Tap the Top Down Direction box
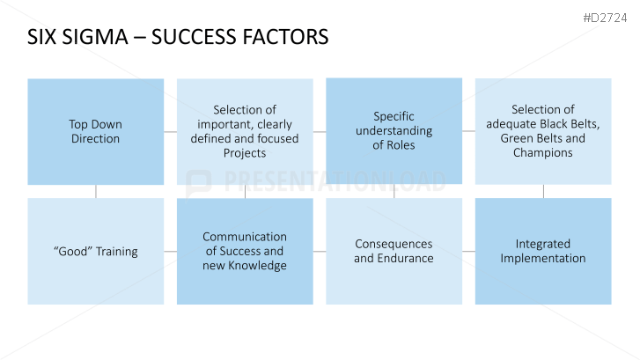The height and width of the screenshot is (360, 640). click(x=95, y=131)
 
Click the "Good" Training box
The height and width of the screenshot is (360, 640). click(x=95, y=251)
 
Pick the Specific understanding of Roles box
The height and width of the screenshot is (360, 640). click(x=394, y=131)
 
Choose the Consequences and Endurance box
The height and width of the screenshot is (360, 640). click(x=394, y=251)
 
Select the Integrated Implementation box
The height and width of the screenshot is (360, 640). click(x=543, y=251)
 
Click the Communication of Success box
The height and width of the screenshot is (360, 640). click(x=245, y=251)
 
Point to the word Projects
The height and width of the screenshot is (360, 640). click(x=245, y=153)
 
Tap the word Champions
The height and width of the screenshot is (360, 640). click(x=543, y=152)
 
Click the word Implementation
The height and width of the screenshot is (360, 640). click(x=543, y=258)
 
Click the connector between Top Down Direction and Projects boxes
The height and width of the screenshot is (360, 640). click(x=170, y=131)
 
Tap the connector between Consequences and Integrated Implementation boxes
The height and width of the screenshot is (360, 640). click(x=468, y=251)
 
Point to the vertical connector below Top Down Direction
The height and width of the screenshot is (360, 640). click(x=95, y=191)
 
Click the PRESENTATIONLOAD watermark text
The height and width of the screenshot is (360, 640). click(x=335, y=182)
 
